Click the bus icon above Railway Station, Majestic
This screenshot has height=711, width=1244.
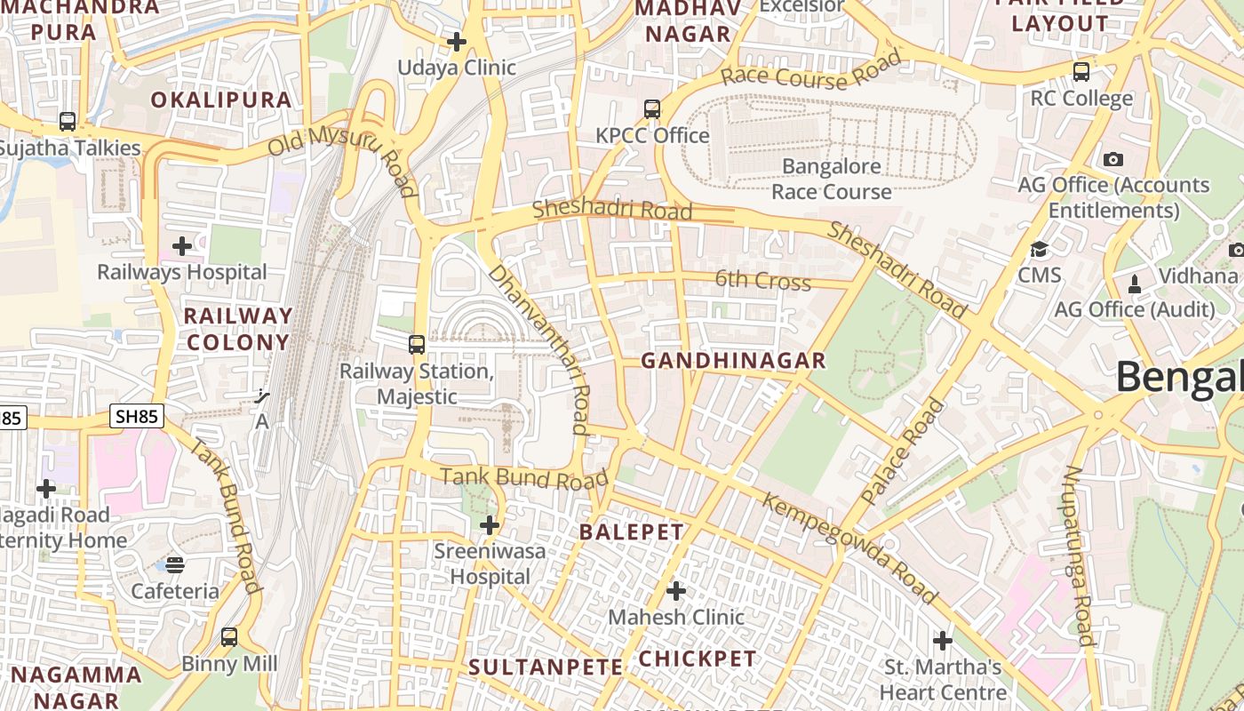(x=416, y=345)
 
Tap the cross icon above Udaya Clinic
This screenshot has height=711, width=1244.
(x=457, y=42)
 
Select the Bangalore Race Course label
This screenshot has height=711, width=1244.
(x=831, y=179)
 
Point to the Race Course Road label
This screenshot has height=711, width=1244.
(x=810, y=71)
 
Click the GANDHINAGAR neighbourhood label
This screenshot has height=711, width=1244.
(x=733, y=361)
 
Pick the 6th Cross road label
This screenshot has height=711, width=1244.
(x=763, y=281)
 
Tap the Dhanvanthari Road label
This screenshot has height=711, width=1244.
(x=539, y=348)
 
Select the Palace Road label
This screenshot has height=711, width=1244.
(x=903, y=451)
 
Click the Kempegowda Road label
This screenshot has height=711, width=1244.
(x=849, y=548)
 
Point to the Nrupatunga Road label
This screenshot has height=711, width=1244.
(x=1078, y=555)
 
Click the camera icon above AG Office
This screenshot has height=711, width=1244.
(x=1112, y=160)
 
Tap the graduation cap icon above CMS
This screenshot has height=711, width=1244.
(x=1039, y=250)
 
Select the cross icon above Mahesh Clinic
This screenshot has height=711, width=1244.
(x=676, y=590)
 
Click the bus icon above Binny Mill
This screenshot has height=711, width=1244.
(x=229, y=637)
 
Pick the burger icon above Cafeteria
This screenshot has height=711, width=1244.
(x=175, y=565)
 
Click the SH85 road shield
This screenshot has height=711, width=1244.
(x=137, y=415)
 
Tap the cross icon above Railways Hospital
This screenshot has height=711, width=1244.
(x=182, y=245)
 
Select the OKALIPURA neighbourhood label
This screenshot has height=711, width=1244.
(x=221, y=100)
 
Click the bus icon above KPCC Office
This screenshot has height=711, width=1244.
(x=652, y=109)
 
